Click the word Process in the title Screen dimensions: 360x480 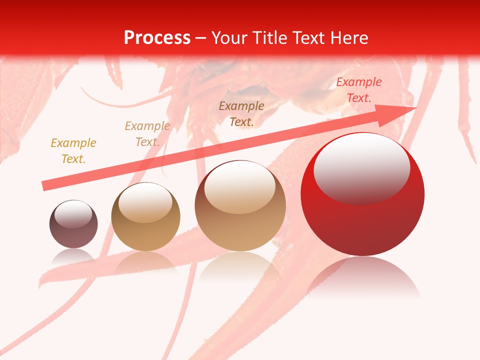coord(157,38)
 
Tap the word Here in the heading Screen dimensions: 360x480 coord(350,38)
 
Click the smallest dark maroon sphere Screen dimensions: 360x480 coord(73,224)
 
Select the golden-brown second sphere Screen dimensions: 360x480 coord(145,217)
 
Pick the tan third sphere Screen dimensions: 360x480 coord(240,205)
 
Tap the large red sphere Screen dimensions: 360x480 coord(362,194)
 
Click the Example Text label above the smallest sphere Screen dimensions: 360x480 coord(73,150)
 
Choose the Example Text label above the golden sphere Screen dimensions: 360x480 coord(147,134)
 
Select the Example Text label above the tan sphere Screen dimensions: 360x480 coord(241,113)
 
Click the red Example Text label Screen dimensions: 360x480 coord(358,90)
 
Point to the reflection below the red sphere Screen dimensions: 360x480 coord(362,277)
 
